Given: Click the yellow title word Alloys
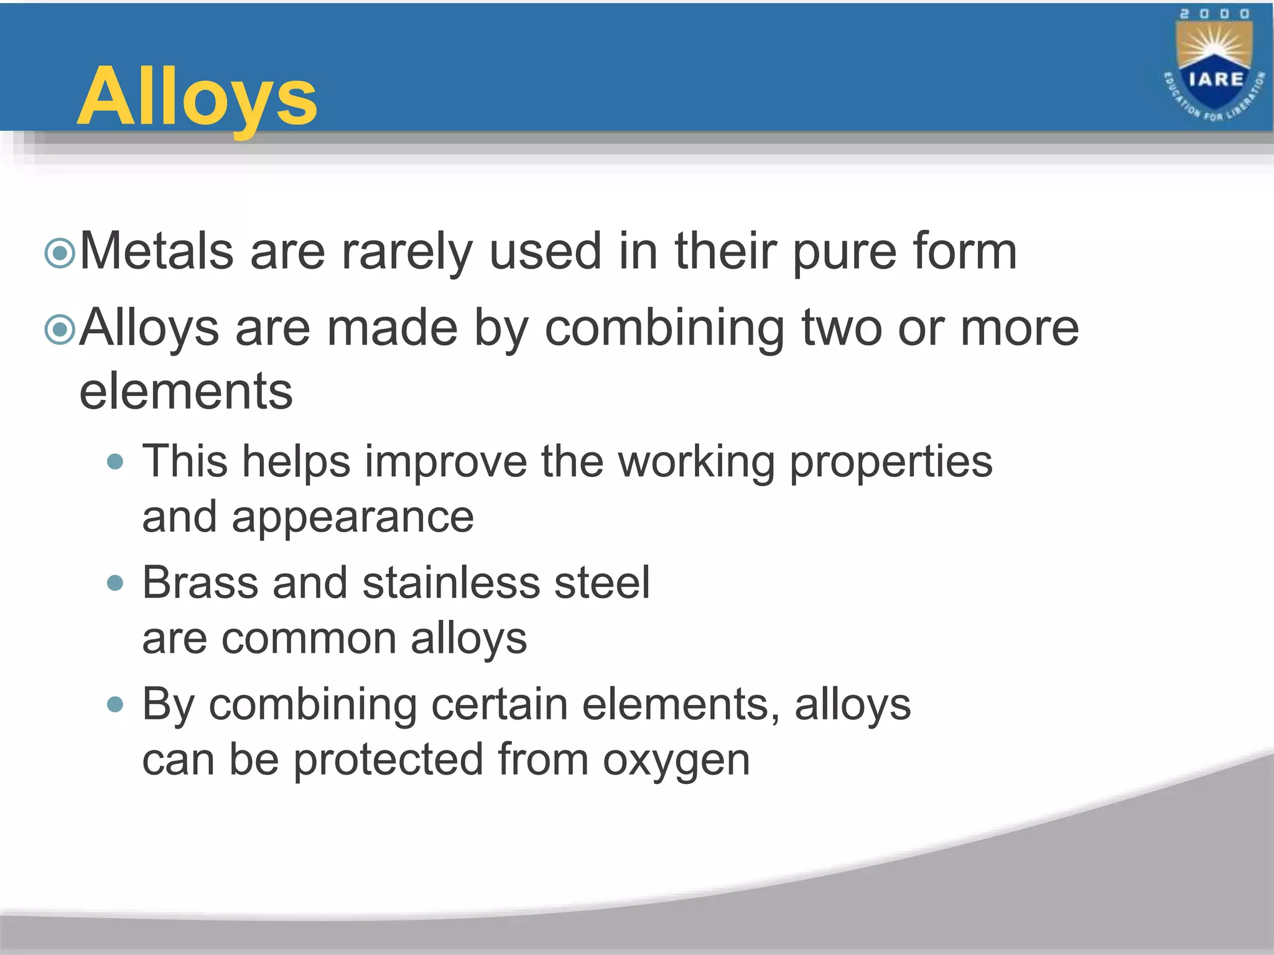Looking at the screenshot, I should click(x=197, y=98).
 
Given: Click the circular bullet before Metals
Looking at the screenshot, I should click(x=60, y=253).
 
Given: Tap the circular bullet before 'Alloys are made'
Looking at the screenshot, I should click(x=60, y=330).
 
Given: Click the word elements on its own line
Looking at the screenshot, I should click(x=186, y=392).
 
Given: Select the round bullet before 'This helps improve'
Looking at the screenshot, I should click(x=115, y=462).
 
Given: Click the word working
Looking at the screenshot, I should click(x=696, y=462).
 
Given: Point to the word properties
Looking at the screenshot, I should click(x=891, y=462).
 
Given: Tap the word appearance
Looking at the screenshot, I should click(x=352, y=517).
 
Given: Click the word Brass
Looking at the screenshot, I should click(x=200, y=583).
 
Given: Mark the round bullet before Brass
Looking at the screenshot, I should click(x=115, y=583).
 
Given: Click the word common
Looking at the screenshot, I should click(x=309, y=639).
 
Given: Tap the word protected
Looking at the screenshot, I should click(x=388, y=760).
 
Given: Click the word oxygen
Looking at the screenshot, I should click(x=676, y=760).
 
